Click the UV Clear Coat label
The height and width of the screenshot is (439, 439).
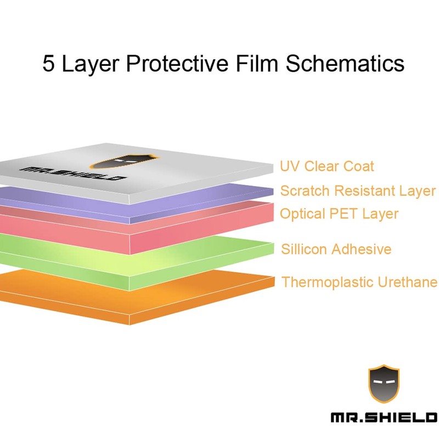(x=327, y=166)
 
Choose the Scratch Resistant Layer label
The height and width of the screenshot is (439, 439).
(x=358, y=191)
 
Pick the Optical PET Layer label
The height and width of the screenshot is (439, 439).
(x=339, y=213)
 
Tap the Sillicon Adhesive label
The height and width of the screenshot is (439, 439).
(x=336, y=249)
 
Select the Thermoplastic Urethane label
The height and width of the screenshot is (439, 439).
(x=359, y=282)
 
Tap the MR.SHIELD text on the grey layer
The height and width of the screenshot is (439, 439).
(x=72, y=172)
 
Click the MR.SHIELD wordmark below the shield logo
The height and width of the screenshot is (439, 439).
(x=384, y=419)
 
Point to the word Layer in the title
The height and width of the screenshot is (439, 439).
(x=91, y=64)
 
